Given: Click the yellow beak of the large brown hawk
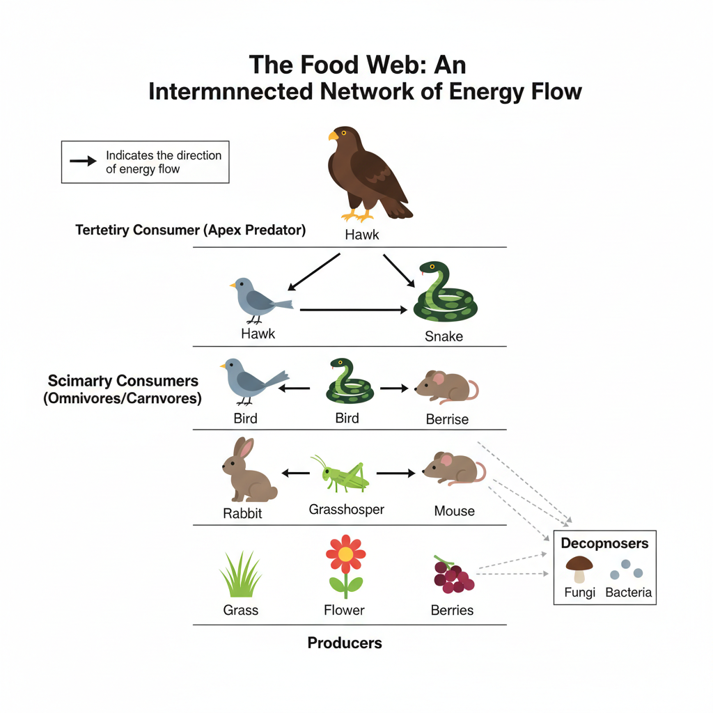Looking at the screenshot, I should coord(334,136).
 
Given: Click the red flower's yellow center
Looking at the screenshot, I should coord(345,554).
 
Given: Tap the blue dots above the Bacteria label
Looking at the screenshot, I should coord(626,570).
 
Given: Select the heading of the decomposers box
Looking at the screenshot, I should coord(604,543).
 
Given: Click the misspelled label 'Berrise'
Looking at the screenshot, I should coord(447,419).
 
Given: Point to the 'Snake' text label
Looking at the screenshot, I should coord(444,336).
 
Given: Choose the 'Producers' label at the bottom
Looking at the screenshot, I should coord(345,643).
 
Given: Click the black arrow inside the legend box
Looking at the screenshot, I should coord(83,162).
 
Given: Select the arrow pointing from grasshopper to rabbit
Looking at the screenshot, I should coord(296,473).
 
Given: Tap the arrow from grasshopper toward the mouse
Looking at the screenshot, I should coord(395,473).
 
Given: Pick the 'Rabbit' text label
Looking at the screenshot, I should coord(242,514).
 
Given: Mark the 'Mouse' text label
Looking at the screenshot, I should coord(454,511).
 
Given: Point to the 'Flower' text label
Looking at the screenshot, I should coord(344,610).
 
